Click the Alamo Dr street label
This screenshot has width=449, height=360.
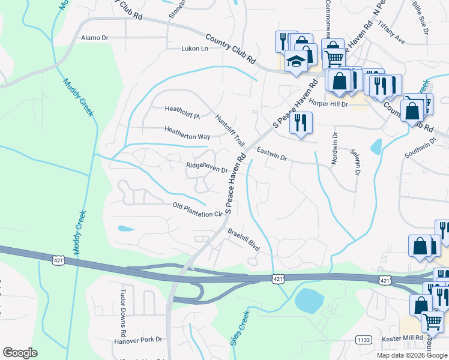(x=95, y=37)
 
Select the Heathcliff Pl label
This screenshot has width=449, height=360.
(x=182, y=109)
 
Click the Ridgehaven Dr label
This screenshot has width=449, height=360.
(x=207, y=166)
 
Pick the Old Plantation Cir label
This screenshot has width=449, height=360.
(x=197, y=210)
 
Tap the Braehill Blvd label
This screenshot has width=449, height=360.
(x=243, y=238)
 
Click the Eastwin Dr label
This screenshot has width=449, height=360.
(x=272, y=154)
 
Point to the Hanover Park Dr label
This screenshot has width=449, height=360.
(x=138, y=340)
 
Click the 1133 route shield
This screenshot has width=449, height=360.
(x=363, y=339)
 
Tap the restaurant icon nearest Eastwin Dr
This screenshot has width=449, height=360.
(x=300, y=122)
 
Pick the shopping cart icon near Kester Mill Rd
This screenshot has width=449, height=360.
(x=432, y=322)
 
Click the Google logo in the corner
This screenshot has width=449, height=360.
(x=20, y=353)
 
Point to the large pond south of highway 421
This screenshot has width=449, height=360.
(x=310, y=299)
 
